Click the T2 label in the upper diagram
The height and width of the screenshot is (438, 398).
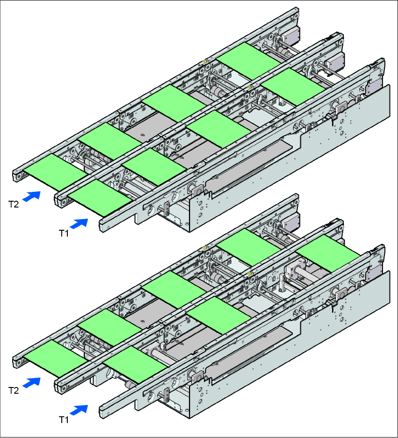14,204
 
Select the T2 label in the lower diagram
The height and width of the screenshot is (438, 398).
14,389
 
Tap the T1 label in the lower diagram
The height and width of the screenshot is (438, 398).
64,419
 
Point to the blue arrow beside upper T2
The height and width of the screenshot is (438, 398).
31,196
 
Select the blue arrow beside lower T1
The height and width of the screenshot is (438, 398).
81,410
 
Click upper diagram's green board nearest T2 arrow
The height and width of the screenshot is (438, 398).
55,169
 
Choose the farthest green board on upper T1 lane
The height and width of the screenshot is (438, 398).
293,86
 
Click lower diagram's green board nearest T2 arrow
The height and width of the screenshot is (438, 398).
55,356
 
